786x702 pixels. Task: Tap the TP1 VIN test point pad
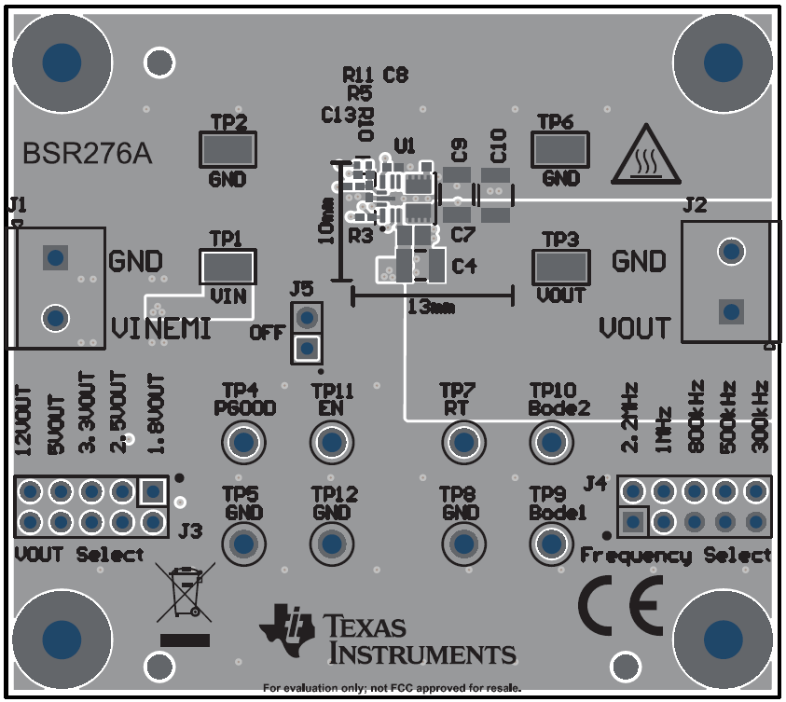click(228, 268)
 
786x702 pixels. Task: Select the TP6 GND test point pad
click(559, 150)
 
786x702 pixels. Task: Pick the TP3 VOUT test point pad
click(560, 268)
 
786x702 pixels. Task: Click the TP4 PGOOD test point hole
click(245, 442)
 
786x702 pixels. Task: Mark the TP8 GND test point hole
click(462, 543)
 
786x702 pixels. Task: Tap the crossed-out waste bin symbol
click(184, 594)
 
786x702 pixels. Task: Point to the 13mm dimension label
click(432, 306)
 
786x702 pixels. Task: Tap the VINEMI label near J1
click(159, 328)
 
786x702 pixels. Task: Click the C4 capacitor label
click(463, 267)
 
